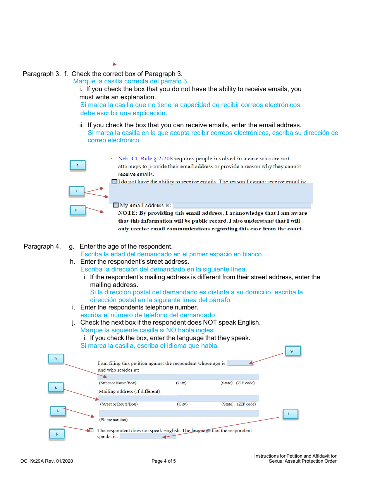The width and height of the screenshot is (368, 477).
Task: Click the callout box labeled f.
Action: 78,165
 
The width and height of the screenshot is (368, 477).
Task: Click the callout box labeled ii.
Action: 77,210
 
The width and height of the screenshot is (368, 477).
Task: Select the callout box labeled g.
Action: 293,351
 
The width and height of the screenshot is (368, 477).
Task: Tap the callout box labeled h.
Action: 56,359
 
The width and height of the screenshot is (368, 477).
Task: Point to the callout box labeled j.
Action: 57,434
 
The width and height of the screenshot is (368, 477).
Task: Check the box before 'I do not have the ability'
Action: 114,181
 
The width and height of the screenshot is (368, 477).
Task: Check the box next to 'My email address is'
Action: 115,205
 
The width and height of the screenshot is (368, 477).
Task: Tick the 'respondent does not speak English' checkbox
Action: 91,430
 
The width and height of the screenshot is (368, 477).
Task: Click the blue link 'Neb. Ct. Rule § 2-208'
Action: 145,159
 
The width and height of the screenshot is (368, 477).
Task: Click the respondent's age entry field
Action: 240,363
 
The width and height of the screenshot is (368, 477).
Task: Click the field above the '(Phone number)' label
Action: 179,413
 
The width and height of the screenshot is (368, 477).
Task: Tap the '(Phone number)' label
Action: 113,420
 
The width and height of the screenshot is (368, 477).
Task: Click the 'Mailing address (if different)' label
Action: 129,391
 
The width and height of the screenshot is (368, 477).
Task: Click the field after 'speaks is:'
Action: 148,437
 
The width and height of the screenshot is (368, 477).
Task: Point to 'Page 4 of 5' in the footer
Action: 163,461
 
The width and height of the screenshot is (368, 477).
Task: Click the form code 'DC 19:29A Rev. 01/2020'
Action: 47,461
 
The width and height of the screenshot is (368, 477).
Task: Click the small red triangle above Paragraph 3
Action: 115,64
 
